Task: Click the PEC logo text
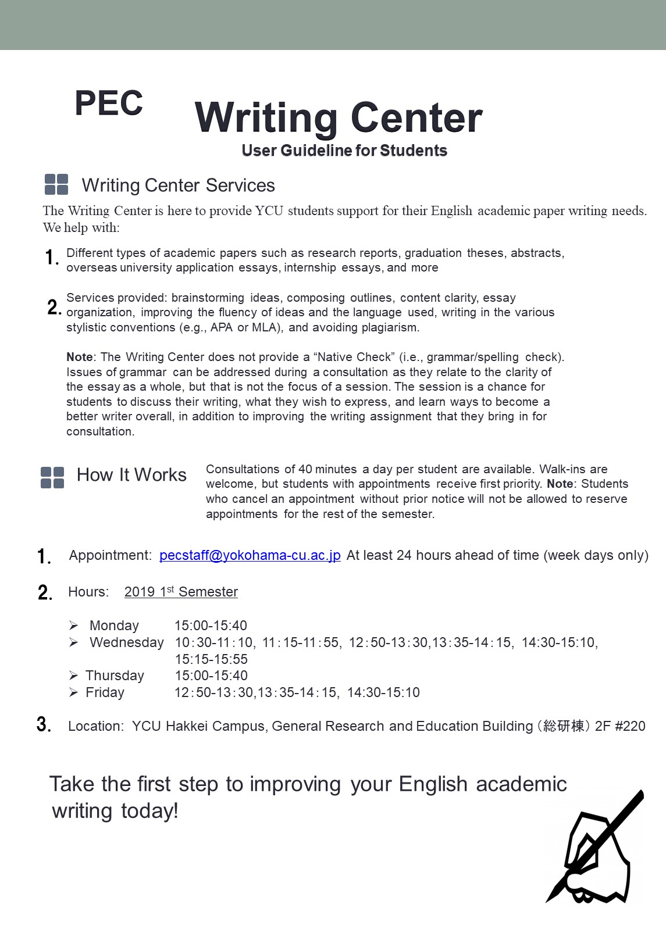coord(109,103)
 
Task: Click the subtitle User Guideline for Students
coord(344,151)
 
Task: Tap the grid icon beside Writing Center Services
coord(56,184)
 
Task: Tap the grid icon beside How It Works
coord(52,477)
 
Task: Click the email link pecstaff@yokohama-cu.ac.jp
coord(250,555)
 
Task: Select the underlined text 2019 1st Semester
coord(181,592)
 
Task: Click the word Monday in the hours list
coord(114,626)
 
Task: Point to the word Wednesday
coord(127,642)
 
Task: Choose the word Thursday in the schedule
coord(115,676)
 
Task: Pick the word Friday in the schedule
coord(105,692)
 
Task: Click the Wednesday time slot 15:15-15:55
coord(211,659)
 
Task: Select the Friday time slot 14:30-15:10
coord(383,692)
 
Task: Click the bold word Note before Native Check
coord(80,357)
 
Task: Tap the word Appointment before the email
coord(110,555)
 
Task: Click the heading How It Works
coord(131,475)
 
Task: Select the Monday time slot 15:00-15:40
coord(211,626)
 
